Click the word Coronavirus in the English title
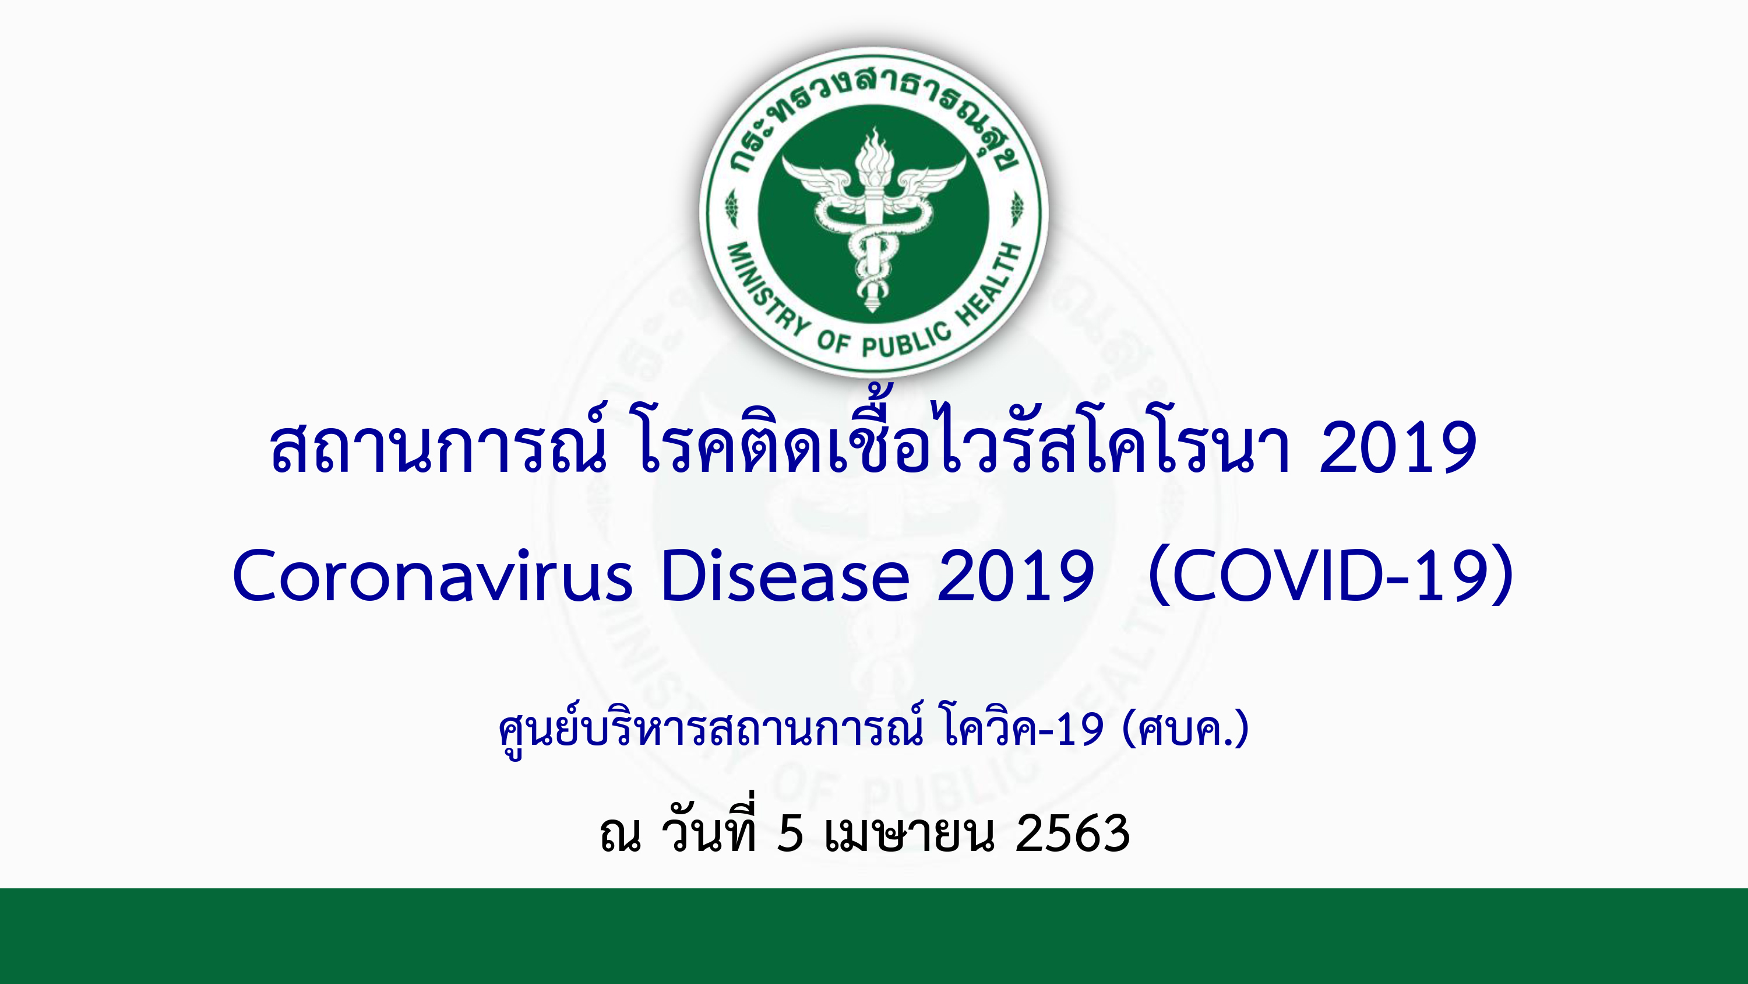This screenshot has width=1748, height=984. coord(432,576)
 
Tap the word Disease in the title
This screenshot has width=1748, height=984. coord(785,575)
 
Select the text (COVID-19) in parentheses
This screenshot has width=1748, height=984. coord(1331,576)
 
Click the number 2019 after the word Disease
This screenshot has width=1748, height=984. coord(1015,576)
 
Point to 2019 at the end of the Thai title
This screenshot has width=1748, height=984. coord(1398,447)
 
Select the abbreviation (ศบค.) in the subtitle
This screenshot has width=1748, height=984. coord(1186,729)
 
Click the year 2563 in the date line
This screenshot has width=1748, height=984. coord(1072,834)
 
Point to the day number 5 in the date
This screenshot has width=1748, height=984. coord(791,834)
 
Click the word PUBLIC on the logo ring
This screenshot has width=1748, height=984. coord(907,340)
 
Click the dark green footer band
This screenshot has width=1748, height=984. coord(874,936)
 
